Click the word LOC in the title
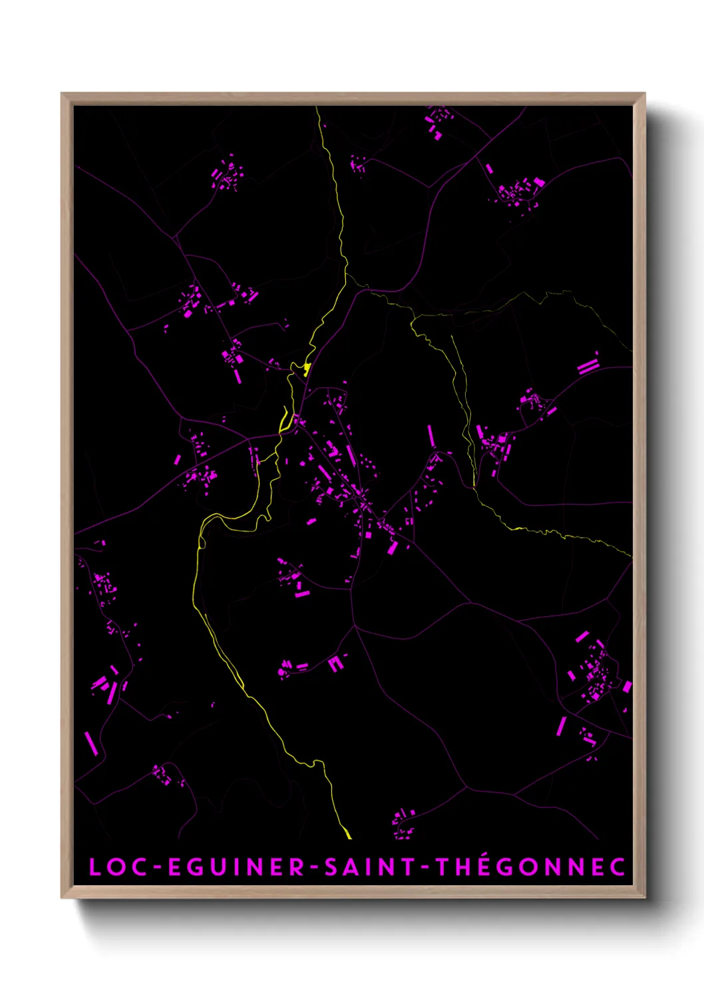pyautogui.click(x=116, y=867)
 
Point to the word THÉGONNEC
pyautogui.click(x=530, y=867)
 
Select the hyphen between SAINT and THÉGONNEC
pyautogui.click(x=426, y=868)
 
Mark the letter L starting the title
pyautogui.click(x=94, y=867)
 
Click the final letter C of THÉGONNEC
pyautogui.click(x=618, y=867)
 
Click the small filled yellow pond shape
pyautogui.click(x=307, y=368)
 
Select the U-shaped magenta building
pyautogui.click(x=335, y=663)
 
